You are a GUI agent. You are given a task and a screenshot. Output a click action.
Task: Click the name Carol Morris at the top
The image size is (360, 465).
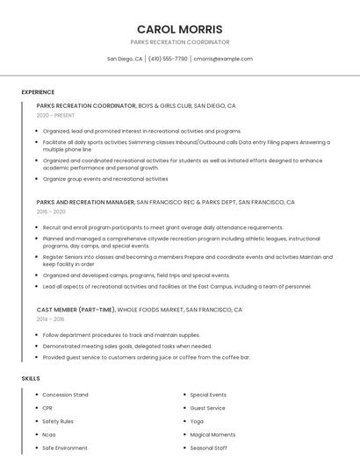[179, 29]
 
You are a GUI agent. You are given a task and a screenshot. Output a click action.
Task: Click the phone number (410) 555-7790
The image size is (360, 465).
[168, 59]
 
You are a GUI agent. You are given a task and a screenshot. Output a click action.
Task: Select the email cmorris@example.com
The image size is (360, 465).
[223, 59]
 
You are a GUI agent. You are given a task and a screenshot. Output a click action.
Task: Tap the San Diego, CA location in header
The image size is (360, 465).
[125, 59]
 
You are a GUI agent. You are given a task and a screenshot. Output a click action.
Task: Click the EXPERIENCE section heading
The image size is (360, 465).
[38, 92]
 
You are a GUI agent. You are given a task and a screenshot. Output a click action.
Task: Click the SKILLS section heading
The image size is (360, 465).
[31, 378]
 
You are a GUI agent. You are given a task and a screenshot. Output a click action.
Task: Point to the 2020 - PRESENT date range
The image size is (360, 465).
[55, 115]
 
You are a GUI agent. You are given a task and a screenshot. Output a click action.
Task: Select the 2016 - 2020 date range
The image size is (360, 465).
[51, 211]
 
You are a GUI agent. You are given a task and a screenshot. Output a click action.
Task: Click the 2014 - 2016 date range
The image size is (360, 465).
[51, 319]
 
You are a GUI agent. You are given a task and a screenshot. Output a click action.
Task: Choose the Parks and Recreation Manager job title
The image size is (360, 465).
[86, 202]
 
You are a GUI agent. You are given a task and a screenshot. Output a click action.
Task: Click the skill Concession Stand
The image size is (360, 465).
[65, 395]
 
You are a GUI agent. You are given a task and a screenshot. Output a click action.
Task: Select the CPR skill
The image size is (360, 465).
[48, 408]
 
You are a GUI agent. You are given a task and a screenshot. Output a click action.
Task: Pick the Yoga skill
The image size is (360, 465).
[197, 421]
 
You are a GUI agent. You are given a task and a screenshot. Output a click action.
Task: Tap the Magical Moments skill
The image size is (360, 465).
[212, 434]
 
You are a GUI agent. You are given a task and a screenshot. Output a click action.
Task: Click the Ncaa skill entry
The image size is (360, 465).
[49, 434]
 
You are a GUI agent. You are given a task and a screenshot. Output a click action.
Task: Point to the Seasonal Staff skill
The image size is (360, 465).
[209, 447]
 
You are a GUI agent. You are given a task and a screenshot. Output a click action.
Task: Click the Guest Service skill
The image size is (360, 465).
[207, 408]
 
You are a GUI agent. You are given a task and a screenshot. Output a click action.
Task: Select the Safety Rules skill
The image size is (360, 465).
[59, 421]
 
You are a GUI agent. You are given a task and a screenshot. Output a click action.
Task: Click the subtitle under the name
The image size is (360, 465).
[179, 42]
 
